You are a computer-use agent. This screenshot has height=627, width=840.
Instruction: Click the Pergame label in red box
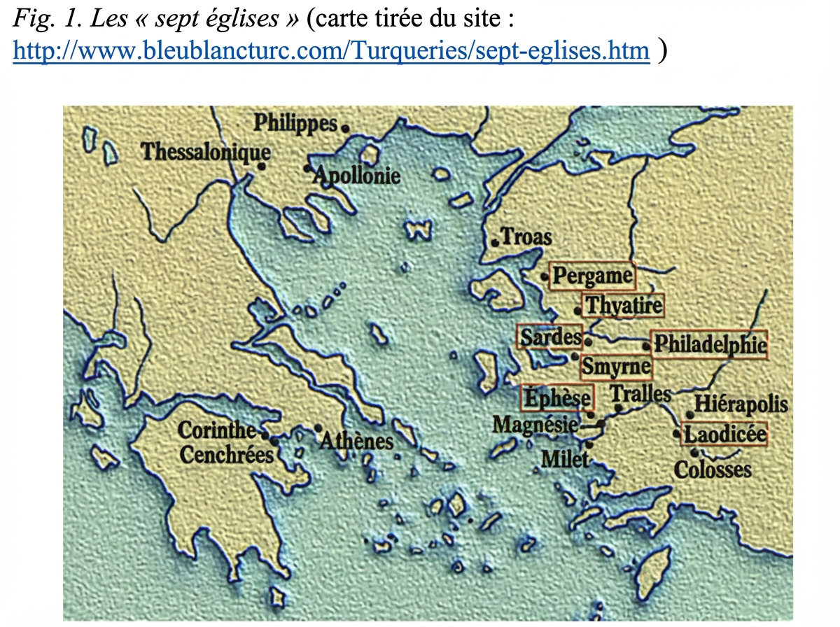pos(592,276)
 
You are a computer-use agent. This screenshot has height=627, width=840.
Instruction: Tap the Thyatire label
pos(622,306)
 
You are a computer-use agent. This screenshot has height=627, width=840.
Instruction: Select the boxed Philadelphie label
pos(709,344)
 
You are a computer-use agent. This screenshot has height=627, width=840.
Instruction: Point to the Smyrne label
pos(615,366)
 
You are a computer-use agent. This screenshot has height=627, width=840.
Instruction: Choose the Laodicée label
pos(724,435)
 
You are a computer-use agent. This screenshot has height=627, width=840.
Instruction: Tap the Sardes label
pos(550,337)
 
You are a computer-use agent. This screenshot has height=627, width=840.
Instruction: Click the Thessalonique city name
pos(206,151)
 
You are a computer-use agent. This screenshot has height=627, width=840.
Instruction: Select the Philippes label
pos(295,123)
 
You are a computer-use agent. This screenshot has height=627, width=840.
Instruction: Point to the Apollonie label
pos(357,175)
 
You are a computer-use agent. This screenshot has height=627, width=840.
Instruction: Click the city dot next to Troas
pos(495,242)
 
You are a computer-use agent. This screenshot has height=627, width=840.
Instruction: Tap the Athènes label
pos(357,441)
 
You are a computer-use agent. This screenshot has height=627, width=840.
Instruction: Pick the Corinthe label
pos(218,430)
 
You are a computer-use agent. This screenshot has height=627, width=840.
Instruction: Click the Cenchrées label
pos(226,455)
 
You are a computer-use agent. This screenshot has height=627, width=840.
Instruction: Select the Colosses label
pos(713,470)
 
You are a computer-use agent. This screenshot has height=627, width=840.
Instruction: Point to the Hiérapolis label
pos(741,404)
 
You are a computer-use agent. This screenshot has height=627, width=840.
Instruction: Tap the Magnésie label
pos(535,425)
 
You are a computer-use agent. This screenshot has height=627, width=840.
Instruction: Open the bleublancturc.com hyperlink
pos(331,50)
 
